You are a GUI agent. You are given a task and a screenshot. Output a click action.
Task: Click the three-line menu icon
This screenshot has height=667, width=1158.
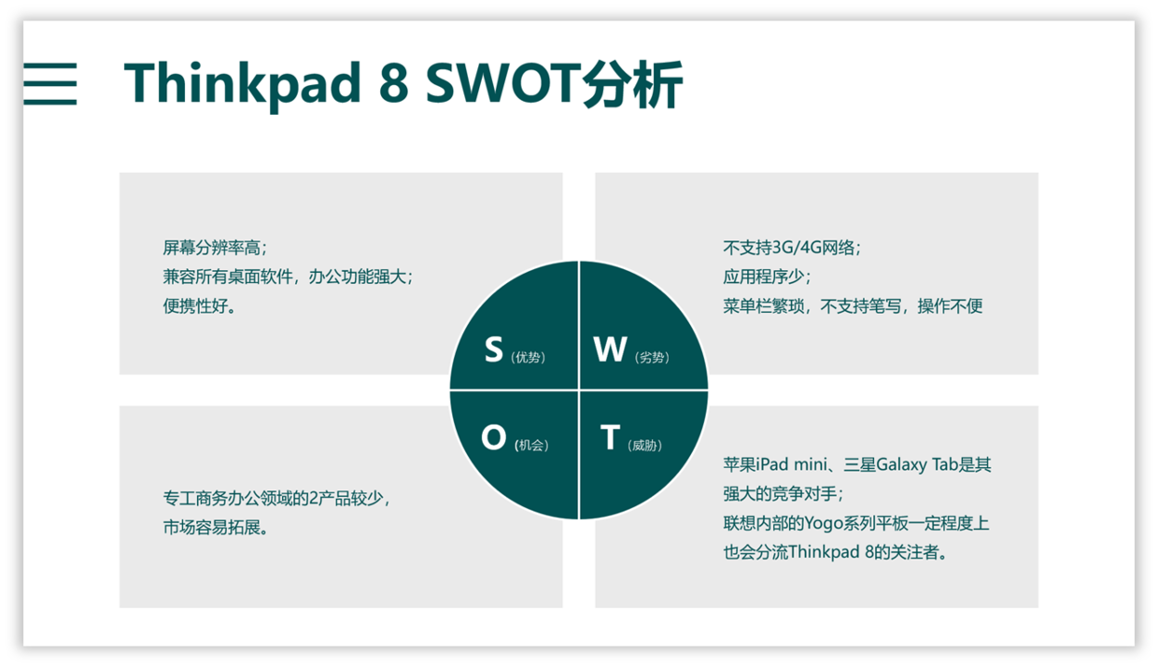[50, 84]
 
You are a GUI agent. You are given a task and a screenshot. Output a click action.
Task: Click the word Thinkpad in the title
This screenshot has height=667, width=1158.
[242, 85]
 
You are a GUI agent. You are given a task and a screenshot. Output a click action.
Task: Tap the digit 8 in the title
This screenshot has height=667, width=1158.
[393, 83]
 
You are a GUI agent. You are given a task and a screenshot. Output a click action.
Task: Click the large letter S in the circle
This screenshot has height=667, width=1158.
[494, 349]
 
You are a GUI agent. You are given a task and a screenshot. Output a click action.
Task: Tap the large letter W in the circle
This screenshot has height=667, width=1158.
[610, 349]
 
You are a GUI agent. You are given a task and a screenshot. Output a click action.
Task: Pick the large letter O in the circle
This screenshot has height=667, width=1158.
[494, 437]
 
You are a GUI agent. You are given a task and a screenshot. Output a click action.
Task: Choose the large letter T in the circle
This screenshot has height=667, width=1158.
[610, 437]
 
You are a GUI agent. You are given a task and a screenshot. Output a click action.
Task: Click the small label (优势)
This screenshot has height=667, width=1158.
[528, 357]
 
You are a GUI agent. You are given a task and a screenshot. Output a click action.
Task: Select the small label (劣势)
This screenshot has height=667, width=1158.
[652, 357]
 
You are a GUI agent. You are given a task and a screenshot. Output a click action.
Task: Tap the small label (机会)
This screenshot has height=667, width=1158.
[531, 446]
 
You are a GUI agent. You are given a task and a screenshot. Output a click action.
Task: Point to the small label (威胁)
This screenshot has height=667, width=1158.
[644, 446]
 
